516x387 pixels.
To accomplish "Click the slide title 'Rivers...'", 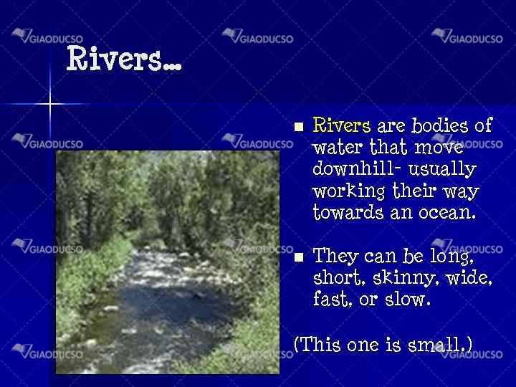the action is click(x=124, y=59).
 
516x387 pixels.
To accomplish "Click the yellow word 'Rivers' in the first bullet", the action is click(x=341, y=125).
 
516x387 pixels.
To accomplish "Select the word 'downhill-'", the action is click(x=357, y=168).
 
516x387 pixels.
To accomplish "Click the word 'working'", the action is click(x=348, y=191).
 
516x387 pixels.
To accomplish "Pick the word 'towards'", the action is click(x=348, y=212).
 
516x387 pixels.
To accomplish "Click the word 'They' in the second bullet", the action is click(x=335, y=256).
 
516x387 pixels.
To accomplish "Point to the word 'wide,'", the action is click(x=469, y=277).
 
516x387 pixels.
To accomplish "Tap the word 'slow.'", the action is click(x=408, y=299).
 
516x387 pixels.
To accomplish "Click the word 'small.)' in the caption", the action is click(x=439, y=344).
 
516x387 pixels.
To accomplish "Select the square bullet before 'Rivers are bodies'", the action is click(x=299, y=127).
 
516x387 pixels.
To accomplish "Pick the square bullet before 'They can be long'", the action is click(x=299, y=257).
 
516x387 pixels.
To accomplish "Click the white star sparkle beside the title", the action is click(x=49, y=104).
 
